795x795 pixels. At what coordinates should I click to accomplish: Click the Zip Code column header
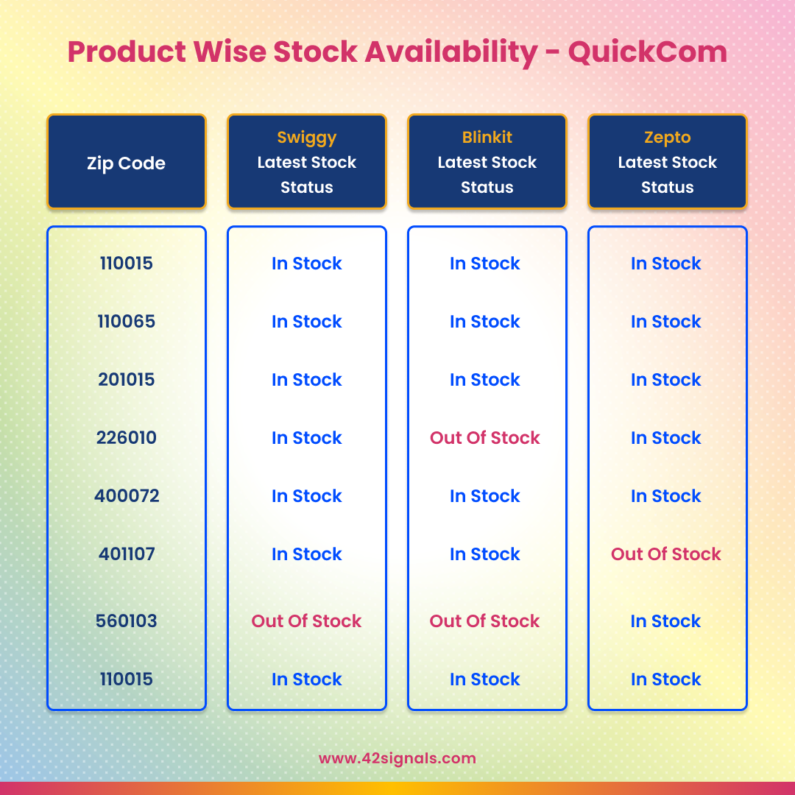tap(126, 163)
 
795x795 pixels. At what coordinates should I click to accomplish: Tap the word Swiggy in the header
tap(307, 138)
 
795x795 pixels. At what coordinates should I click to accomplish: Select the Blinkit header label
tap(487, 138)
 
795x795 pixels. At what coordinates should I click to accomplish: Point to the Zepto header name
tap(668, 138)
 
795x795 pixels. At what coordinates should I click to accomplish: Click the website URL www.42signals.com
tap(397, 758)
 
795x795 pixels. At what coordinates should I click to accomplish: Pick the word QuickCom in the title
tap(648, 52)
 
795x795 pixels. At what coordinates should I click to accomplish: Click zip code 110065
tap(126, 322)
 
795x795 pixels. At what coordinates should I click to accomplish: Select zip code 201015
tap(126, 380)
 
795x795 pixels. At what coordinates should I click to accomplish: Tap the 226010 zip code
tap(126, 438)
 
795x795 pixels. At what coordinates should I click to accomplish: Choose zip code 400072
tap(126, 496)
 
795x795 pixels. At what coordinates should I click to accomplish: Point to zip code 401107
tap(126, 554)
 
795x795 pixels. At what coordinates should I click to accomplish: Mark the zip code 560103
tap(126, 621)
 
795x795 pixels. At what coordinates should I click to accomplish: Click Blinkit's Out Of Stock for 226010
tap(485, 438)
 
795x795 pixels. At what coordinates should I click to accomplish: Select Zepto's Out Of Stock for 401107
tap(666, 554)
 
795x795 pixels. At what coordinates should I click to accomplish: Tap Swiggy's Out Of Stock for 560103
tap(307, 621)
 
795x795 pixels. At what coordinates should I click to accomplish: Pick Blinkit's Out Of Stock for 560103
tap(485, 621)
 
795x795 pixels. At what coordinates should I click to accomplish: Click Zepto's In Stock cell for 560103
tap(666, 621)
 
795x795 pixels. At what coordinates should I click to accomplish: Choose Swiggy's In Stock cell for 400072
tap(307, 496)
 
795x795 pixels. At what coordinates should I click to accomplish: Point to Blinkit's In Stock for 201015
tap(485, 380)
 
